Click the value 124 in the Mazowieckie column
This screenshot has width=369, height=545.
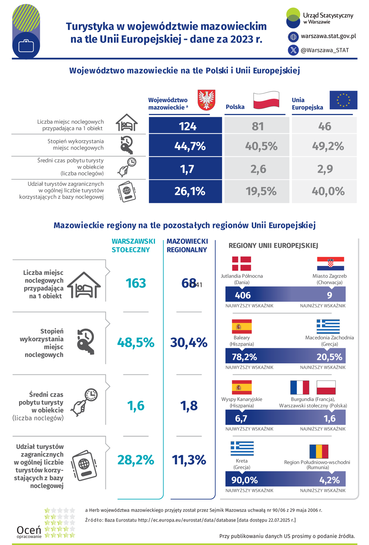pos(188,126)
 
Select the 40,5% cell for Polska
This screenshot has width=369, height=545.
pos(261,146)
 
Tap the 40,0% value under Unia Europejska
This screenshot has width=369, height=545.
pos(325,191)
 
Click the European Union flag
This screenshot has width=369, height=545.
pos(343,100)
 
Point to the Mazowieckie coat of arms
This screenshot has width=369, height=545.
pos(207,100)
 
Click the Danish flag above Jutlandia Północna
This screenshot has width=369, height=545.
pos(241,263)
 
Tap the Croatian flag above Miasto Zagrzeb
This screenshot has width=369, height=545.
pos(330,263)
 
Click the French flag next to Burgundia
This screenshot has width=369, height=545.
pos(299,387)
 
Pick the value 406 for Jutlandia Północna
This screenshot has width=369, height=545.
pos(242,295)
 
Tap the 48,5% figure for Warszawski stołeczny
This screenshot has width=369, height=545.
pos(136,343)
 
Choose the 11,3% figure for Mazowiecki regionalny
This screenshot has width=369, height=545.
pos(189,460)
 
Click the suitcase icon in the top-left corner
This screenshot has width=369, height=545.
pos(26,45)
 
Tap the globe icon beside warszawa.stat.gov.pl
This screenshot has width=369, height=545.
pos(294,37)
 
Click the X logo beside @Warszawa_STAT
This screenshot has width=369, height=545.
pos(294,50)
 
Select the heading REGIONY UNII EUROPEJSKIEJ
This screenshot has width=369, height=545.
pos(273,245)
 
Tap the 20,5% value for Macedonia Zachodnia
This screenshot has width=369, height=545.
pos(329,357)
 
